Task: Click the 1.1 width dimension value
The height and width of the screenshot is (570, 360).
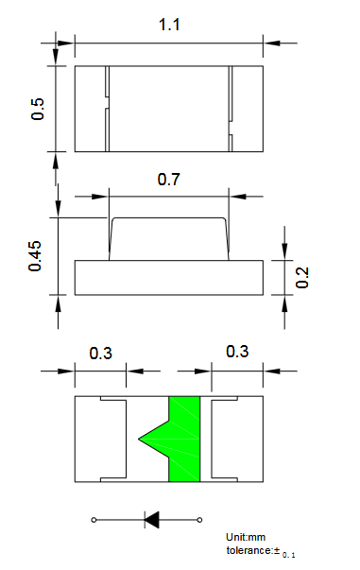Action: click(169, 25)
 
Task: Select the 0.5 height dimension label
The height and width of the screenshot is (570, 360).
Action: click(38, 109)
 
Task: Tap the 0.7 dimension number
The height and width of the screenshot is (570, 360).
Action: click(168, 180)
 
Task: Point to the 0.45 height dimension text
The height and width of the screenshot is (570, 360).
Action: click(35, 256)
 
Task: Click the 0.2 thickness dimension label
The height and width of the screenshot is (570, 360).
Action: click(301, 278)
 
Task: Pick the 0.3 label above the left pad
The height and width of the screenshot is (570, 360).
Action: click(100, 354)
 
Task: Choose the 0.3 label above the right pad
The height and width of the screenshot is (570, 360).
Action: click(237, 351)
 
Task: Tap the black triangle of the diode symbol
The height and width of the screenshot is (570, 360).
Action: click(152, 520)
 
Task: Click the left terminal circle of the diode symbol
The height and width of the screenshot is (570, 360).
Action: click(94, 520)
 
